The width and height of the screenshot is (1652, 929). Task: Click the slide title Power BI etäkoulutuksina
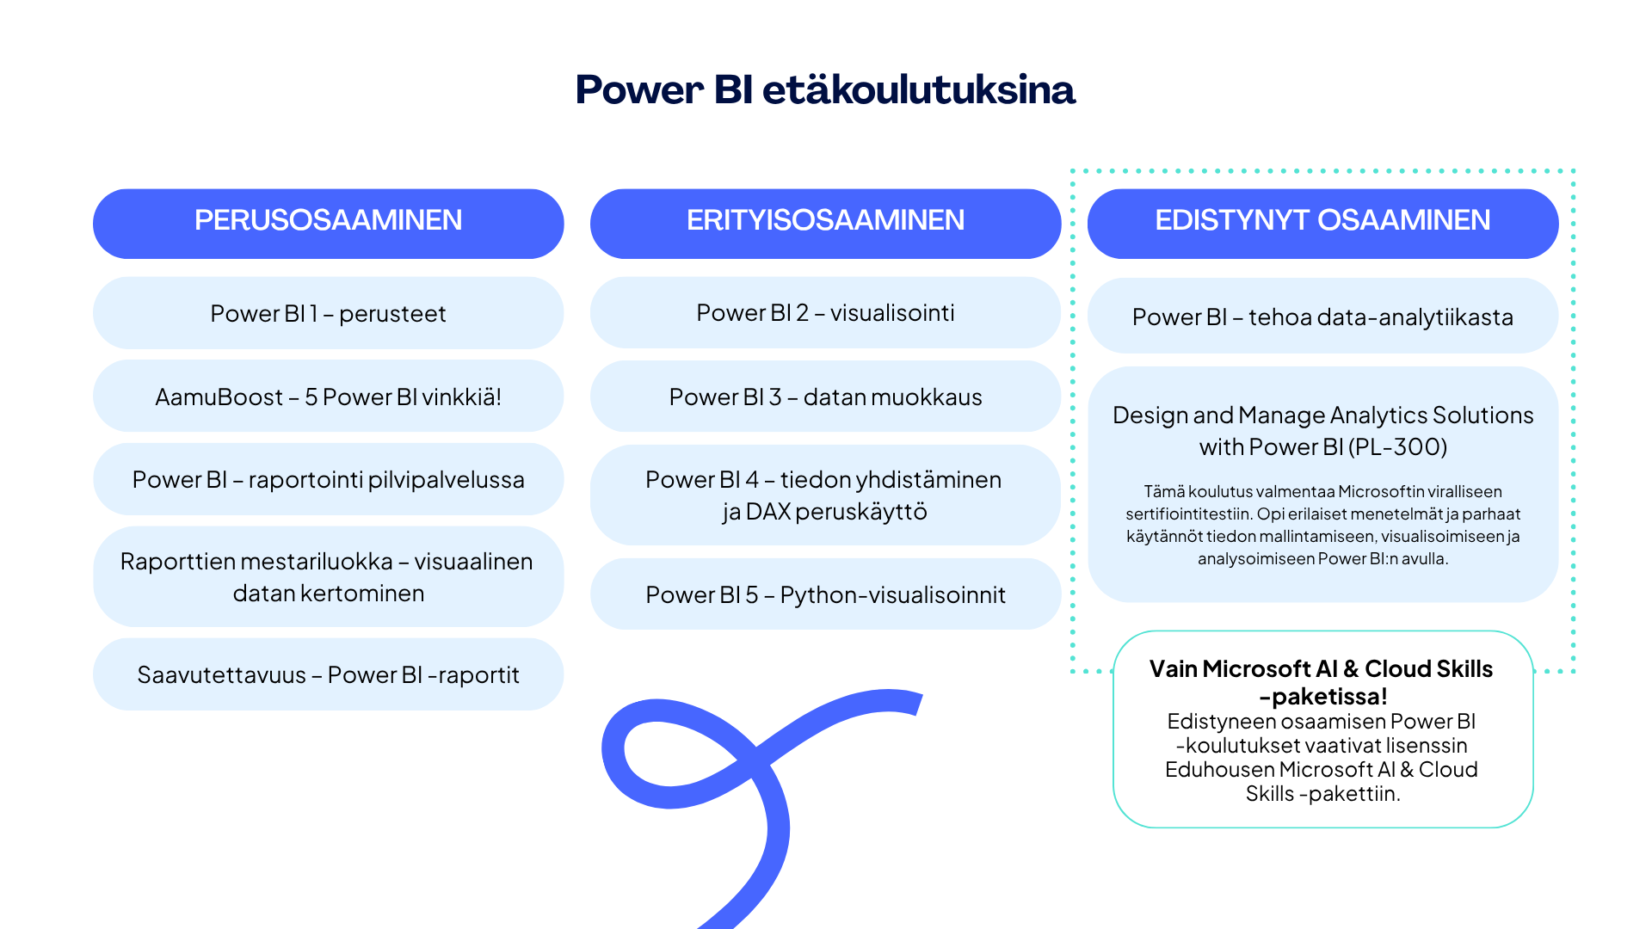825,90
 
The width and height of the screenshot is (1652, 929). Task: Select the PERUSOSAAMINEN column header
328,221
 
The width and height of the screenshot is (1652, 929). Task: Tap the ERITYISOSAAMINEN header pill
825,221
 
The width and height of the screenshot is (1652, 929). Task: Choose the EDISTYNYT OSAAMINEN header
1322,221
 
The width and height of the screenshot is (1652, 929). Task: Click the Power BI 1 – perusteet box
328,313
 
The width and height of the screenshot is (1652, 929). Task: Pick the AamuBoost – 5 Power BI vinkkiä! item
328,397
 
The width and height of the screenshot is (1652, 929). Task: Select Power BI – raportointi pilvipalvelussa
328,479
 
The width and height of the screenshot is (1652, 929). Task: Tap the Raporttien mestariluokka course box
328,576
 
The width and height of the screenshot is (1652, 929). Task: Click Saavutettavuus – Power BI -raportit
328,674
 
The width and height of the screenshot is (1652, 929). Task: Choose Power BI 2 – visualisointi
825,312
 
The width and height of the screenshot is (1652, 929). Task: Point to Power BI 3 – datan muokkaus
825,397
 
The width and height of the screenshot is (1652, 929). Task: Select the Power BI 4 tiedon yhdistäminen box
825,495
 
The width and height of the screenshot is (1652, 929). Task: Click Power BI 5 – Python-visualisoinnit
825,594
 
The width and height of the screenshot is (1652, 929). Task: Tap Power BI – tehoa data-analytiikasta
1322,317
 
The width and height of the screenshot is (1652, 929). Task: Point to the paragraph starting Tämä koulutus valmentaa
1322,525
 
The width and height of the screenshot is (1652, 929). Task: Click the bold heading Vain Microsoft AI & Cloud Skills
1321,669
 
